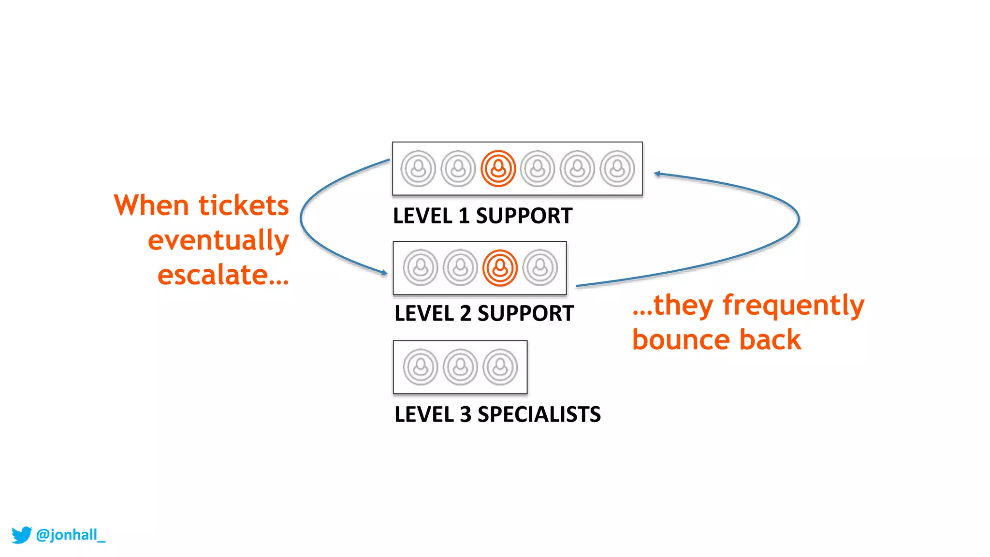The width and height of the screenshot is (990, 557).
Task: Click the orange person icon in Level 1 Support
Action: pyautogui.click(x=498, y=169)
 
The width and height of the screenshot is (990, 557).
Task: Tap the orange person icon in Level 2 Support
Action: pyautogui.click(x=500, y=268)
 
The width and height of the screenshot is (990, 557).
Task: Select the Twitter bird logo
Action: pyautogui.click(x=21, y=535)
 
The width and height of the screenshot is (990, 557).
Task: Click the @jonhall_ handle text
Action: pyautogui.click(x=71, y=535)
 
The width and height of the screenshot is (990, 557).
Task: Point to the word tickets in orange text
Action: pyautogui.click(x=244, y=205)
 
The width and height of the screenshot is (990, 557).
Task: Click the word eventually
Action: pyautogui.click(x=218, y=240)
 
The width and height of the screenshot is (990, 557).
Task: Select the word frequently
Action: pyautogui.click(x=793, y=305)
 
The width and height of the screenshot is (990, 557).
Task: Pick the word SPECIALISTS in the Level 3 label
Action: pyautogui.click(x=539, y=414)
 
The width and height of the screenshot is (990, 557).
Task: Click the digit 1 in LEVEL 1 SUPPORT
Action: pyautogui.click(x=464, y=216)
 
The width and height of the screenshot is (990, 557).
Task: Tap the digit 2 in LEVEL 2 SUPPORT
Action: pyautogui.click(x=466, y=313)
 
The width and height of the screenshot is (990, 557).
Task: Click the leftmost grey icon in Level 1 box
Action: pyautogui.click(x=418, y=169)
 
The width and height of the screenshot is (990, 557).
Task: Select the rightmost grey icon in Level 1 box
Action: pyautogui.click(x=617, y=169)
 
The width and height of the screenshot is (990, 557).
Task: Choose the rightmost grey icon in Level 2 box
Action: pyautogui.click(x=540, y=268)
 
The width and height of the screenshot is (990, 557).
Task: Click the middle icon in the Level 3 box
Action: pyautogui.click(x=460, y=367)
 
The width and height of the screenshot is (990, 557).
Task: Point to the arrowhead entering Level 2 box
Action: pyautogui.click(x=384, y=273)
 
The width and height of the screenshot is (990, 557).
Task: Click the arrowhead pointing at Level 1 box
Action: pyautogui.click(x=657, y=174)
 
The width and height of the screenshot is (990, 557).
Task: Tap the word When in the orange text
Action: pyautogui.click(x=151, y=205)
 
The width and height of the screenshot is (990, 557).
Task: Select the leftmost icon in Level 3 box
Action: pyautogui.click(x=420, y=367)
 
